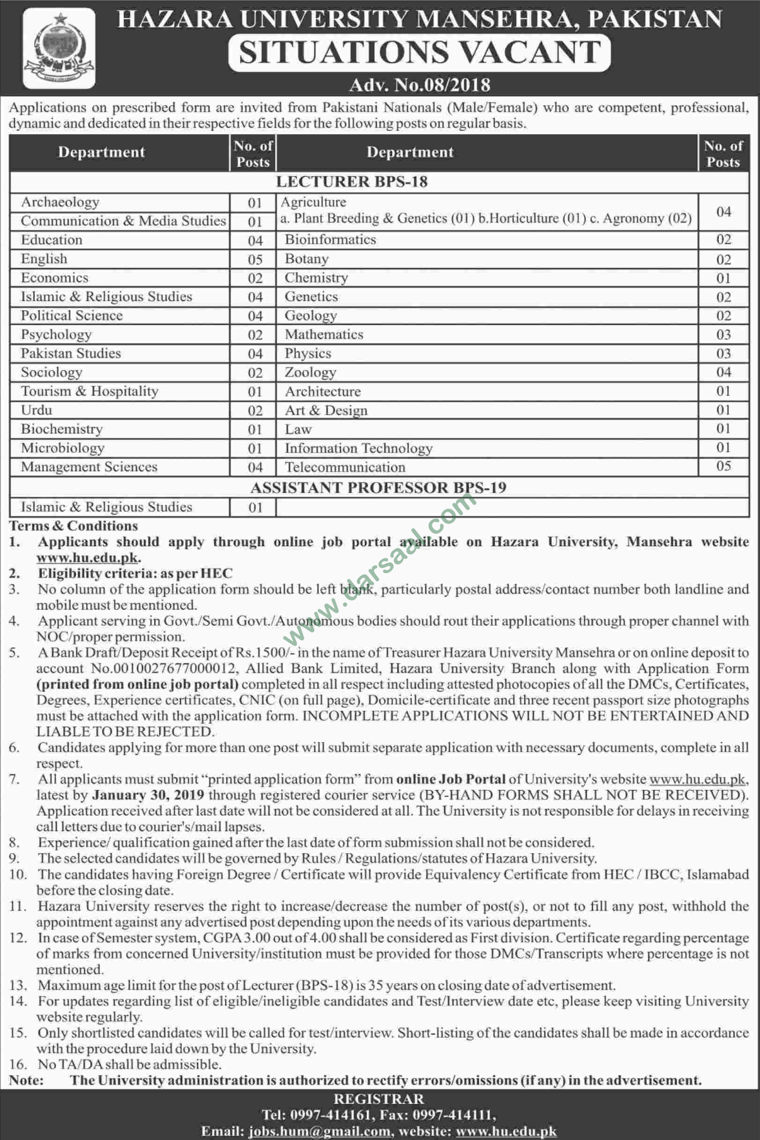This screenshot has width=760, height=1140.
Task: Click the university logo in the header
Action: click(x=59, y=48)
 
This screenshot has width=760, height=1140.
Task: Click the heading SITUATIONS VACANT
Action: click(x=420, y=52)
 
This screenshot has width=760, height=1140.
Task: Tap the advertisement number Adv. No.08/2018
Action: click(x=420, y=85)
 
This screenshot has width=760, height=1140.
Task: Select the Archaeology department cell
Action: click(x=60, y=202)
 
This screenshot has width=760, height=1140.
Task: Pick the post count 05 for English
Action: click(x=255, y=259)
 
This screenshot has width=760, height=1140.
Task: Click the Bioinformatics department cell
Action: click(x=330, y=240)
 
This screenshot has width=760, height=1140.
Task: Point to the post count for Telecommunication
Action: click(x=723, y=466)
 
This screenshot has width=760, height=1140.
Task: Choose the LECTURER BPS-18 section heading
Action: click(x=352, y=182)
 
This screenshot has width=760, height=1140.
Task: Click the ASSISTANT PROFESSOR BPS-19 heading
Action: click(x=378, y=488)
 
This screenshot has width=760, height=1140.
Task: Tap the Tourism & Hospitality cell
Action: click(x=90, y=391)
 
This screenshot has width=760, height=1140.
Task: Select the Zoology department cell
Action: click(x=311, y=373)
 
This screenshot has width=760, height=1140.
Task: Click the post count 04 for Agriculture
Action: click(x=723, y=211)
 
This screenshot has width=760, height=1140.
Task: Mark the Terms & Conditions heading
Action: click(x=73, y=526)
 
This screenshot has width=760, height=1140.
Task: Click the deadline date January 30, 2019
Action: click(x=148, y=796)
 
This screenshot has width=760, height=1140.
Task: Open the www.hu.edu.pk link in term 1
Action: click(x=88, y=558)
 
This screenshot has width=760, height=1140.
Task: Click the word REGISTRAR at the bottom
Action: click(x=379, y=1099)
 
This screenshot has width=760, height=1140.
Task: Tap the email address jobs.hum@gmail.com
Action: click(x=320, y=1132)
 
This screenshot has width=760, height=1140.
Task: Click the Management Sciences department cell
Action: click(x=89, y=467)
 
